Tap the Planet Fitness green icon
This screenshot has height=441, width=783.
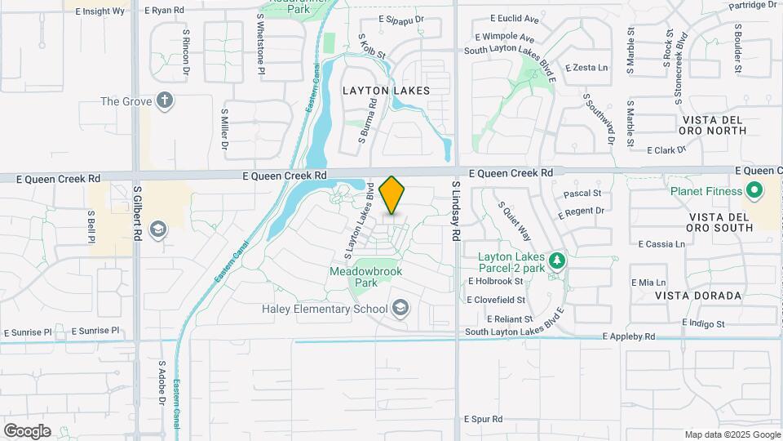click(754, 192)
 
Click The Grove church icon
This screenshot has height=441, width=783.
click(166, 101)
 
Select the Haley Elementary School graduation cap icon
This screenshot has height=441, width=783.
click(400, 308)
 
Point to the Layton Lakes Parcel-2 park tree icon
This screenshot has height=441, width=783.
click(557, 261)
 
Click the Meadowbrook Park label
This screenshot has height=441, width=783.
click(365, 276)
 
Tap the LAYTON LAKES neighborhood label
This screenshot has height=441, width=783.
click(386, 91)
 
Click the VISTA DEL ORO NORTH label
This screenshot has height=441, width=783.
click(712, 125)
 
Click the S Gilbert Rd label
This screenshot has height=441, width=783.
click(137, 212)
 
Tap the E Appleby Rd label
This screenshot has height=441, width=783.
click(628, 336)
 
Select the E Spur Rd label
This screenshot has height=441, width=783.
click(483, 418)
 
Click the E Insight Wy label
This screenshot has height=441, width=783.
click(100, 11)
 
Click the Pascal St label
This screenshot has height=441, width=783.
click(582, 194)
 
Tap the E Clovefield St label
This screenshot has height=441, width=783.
click(500, 300)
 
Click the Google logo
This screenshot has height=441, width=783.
click(27, 430)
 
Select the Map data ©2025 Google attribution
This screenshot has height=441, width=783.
click(732, 434)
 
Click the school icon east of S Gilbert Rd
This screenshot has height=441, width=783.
click(158, 229)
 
